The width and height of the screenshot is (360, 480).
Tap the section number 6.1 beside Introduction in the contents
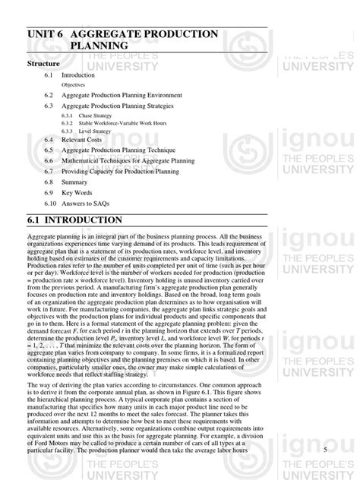(49, 76)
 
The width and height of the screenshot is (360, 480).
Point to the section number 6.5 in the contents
(49, 151)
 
